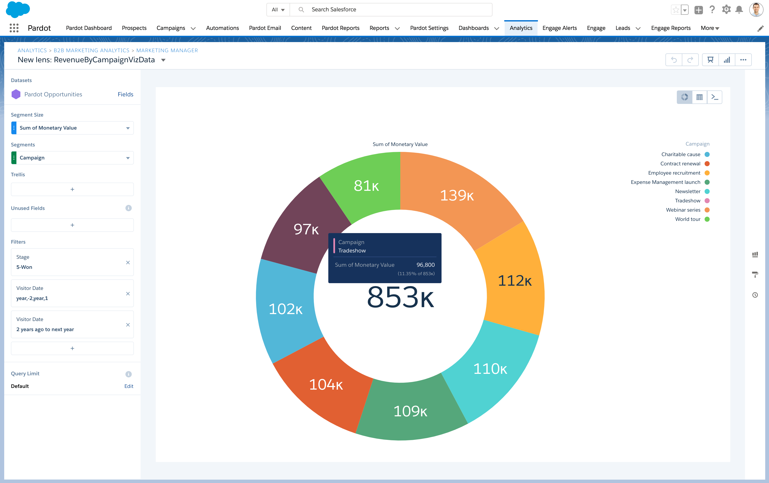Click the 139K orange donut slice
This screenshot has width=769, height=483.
pyautogui.click(x=457, y=195)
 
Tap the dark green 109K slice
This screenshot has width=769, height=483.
pyautogui.click(x=410, y=411)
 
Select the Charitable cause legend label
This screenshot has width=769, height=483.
pyautogui.click(x=681, y=154)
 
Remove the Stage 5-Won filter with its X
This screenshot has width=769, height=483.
pyautogui.click(x=128, y=262)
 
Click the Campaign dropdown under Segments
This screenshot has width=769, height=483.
pyautogui.click(x=72, y=158)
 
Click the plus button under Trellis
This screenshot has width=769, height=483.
pyautogui.click(x=72, y=189)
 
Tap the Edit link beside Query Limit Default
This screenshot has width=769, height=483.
pyautogui.click(x=129, y=386)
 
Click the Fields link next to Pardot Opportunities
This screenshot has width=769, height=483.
pyautogui.click(x=125, y=94)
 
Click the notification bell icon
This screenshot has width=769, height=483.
pyautogui.click(x=739, y=10)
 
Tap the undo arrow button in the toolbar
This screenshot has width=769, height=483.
pyautogui.click(x=673, y=60)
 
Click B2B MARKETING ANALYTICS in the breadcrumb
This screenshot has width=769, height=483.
pyautogui.click(x=91, y=50)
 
